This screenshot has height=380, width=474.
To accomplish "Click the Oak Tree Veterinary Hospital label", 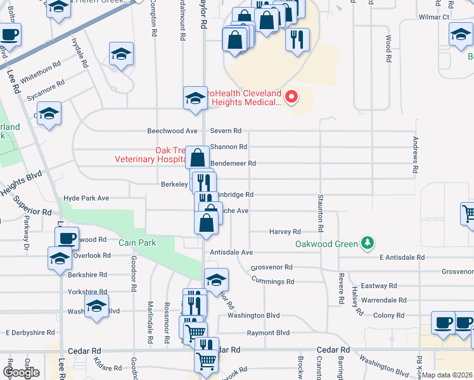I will (x=151, y=155).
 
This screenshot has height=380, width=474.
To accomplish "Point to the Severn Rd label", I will (x=226, y=131).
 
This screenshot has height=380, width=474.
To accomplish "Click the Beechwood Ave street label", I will (x=172, y=131).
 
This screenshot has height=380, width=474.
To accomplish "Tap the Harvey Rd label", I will (x=285, y=232).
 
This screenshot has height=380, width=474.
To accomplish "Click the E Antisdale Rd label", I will (x=402, y=258).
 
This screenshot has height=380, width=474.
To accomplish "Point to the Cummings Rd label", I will (x=273, y=281).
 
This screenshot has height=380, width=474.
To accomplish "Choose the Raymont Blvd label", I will (x=268, y=333).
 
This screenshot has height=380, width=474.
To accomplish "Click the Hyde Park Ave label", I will (x=86, y=198).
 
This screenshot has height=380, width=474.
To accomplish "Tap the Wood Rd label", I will (x=388, y=47).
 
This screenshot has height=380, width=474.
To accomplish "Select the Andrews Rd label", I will (x=416, y=155).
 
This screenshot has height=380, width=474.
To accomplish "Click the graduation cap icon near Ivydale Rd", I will (x=121, y=54).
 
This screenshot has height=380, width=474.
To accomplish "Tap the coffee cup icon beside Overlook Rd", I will (x=67, y=238).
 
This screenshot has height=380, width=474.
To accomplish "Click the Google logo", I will (x=22, y=372).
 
